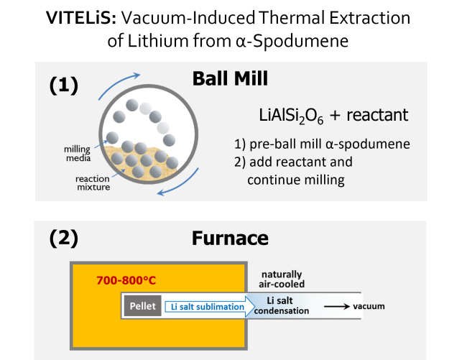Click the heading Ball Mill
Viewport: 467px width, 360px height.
(230, 79)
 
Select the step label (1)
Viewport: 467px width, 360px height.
(63, 85)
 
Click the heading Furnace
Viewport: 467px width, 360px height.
(230, 239)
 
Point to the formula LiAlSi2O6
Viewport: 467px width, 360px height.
(289, 115)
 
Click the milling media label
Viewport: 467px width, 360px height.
(77, 152)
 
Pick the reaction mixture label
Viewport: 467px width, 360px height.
(91, 183)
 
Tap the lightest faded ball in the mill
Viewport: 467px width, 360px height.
(146, 109)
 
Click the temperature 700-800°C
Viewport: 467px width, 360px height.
(126, 280)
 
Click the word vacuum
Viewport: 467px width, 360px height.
(369, 306)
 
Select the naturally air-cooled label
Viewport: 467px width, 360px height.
(282, 279)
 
